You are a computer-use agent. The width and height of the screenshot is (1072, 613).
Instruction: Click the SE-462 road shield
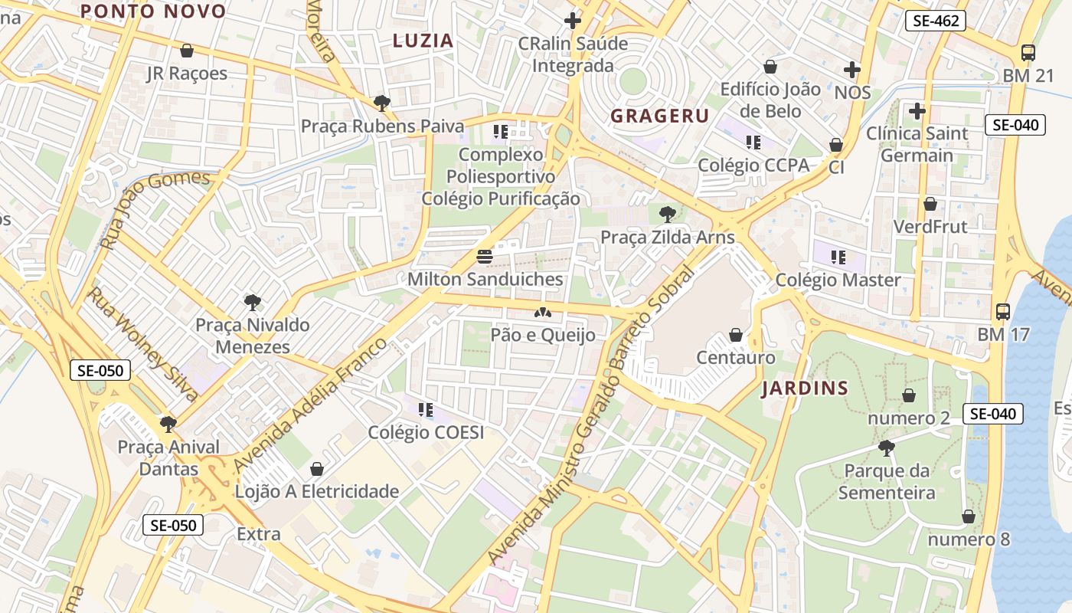pos(935,21)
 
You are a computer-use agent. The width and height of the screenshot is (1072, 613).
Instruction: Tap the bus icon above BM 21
pos(1028,53)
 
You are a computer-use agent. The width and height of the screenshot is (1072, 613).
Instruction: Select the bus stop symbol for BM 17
pos(1003,312)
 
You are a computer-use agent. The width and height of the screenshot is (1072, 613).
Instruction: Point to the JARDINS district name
pos(805,388)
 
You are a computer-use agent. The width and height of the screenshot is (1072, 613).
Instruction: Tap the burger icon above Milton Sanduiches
pos(484,256)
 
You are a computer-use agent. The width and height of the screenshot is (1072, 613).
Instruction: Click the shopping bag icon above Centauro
pos(736,335)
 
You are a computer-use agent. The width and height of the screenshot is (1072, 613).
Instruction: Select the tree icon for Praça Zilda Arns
pos(667,214)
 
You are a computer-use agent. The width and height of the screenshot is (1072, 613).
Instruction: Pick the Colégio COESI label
pos(426,432)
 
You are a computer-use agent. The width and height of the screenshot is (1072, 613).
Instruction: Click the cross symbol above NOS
pos(852,70)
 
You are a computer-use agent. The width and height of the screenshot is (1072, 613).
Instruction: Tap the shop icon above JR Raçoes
pos(186,51)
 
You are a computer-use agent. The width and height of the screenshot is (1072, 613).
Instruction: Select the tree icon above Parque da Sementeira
pos(887,447)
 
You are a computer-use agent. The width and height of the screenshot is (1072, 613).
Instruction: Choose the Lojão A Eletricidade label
pos(317,491)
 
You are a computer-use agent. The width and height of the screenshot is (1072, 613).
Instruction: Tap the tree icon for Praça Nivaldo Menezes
pos(252,303)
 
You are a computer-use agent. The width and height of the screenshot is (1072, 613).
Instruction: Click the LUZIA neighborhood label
pos(423,41)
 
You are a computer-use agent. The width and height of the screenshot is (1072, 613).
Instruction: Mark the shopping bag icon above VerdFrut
pos(930,204)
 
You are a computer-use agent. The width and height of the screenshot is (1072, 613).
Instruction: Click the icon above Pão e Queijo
pos(543,313)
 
